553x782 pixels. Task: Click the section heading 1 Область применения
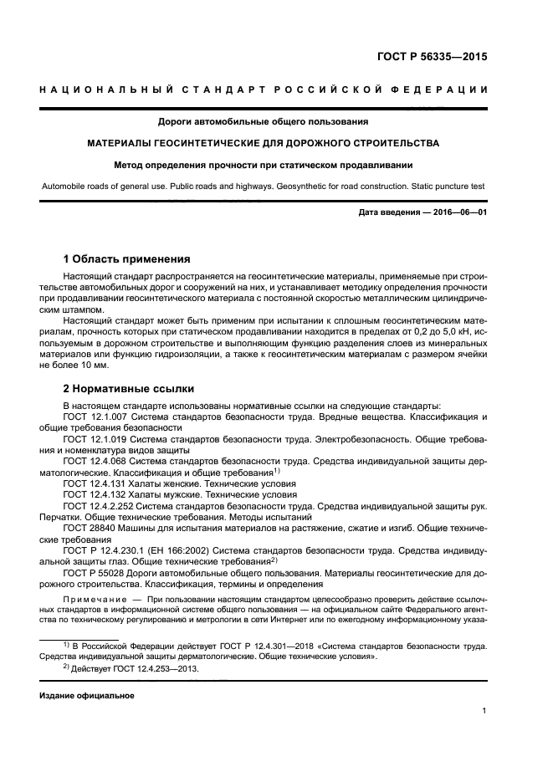point(127,258)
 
